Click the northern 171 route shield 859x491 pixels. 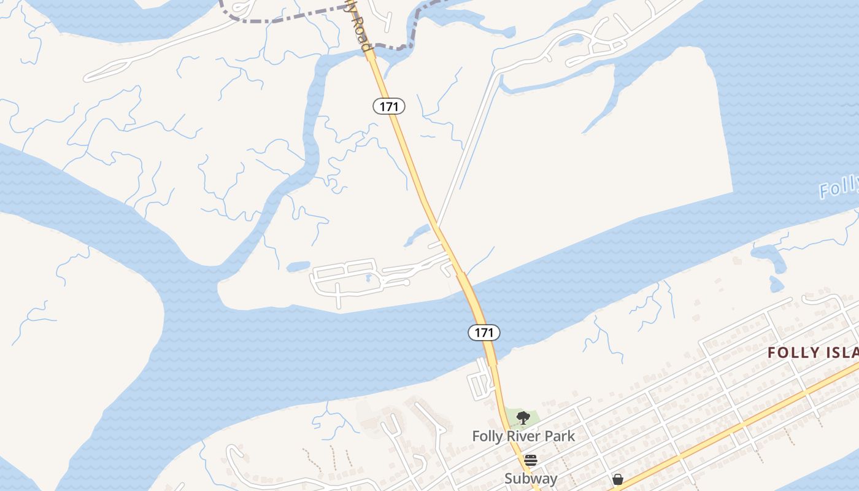(x=389, y=106)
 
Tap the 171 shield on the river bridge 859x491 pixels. (x=484, y=333)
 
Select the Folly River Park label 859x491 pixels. (x=523, y=436)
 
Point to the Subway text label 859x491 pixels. (x=531, y=479)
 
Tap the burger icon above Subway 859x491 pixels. (x=531, y=460)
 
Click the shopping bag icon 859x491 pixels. (x=618, y=479)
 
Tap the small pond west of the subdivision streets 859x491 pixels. (x=298, y=266)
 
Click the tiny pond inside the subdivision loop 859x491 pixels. (x=368, y=277)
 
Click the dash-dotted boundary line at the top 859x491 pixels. (x=288, y=18)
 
